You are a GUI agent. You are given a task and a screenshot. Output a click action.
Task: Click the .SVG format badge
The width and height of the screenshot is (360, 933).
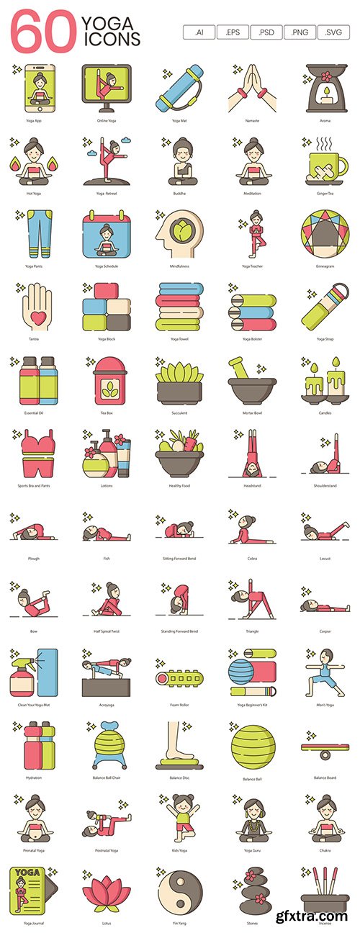[334, 32]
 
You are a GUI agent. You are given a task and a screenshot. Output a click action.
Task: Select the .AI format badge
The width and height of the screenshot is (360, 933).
[199, 32]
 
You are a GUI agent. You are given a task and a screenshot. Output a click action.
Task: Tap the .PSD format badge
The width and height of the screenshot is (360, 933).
[266, 32]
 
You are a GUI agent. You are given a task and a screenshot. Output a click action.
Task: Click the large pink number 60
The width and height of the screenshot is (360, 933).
[43, 31]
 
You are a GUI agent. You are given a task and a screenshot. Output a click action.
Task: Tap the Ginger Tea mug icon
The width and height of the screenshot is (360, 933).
[321, 163]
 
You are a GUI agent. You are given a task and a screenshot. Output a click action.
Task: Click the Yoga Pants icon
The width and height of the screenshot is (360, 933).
[33, 236]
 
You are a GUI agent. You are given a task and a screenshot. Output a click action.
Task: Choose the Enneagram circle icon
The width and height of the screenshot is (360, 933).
[321, 236]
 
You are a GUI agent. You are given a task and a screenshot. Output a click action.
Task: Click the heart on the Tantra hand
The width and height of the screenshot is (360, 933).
[33, 315]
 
